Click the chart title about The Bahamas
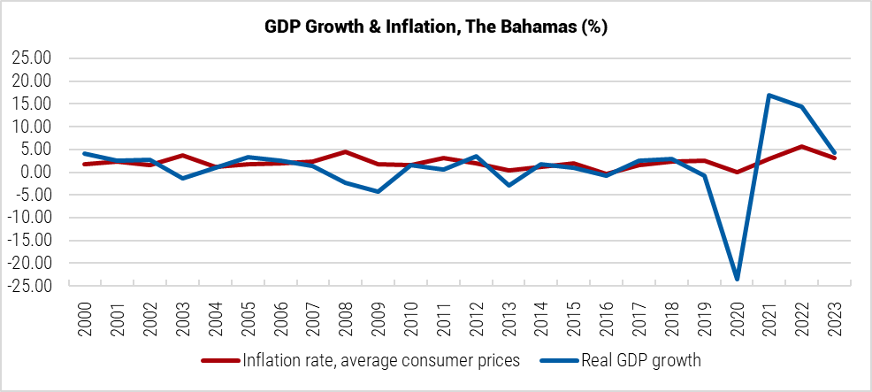436,27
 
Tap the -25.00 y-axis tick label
30,286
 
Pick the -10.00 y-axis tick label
30,218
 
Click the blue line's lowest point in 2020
737,280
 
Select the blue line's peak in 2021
769,95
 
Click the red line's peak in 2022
801,147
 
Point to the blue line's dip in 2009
379,191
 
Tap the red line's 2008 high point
346,152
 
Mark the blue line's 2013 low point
509,185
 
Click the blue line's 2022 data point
801,107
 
